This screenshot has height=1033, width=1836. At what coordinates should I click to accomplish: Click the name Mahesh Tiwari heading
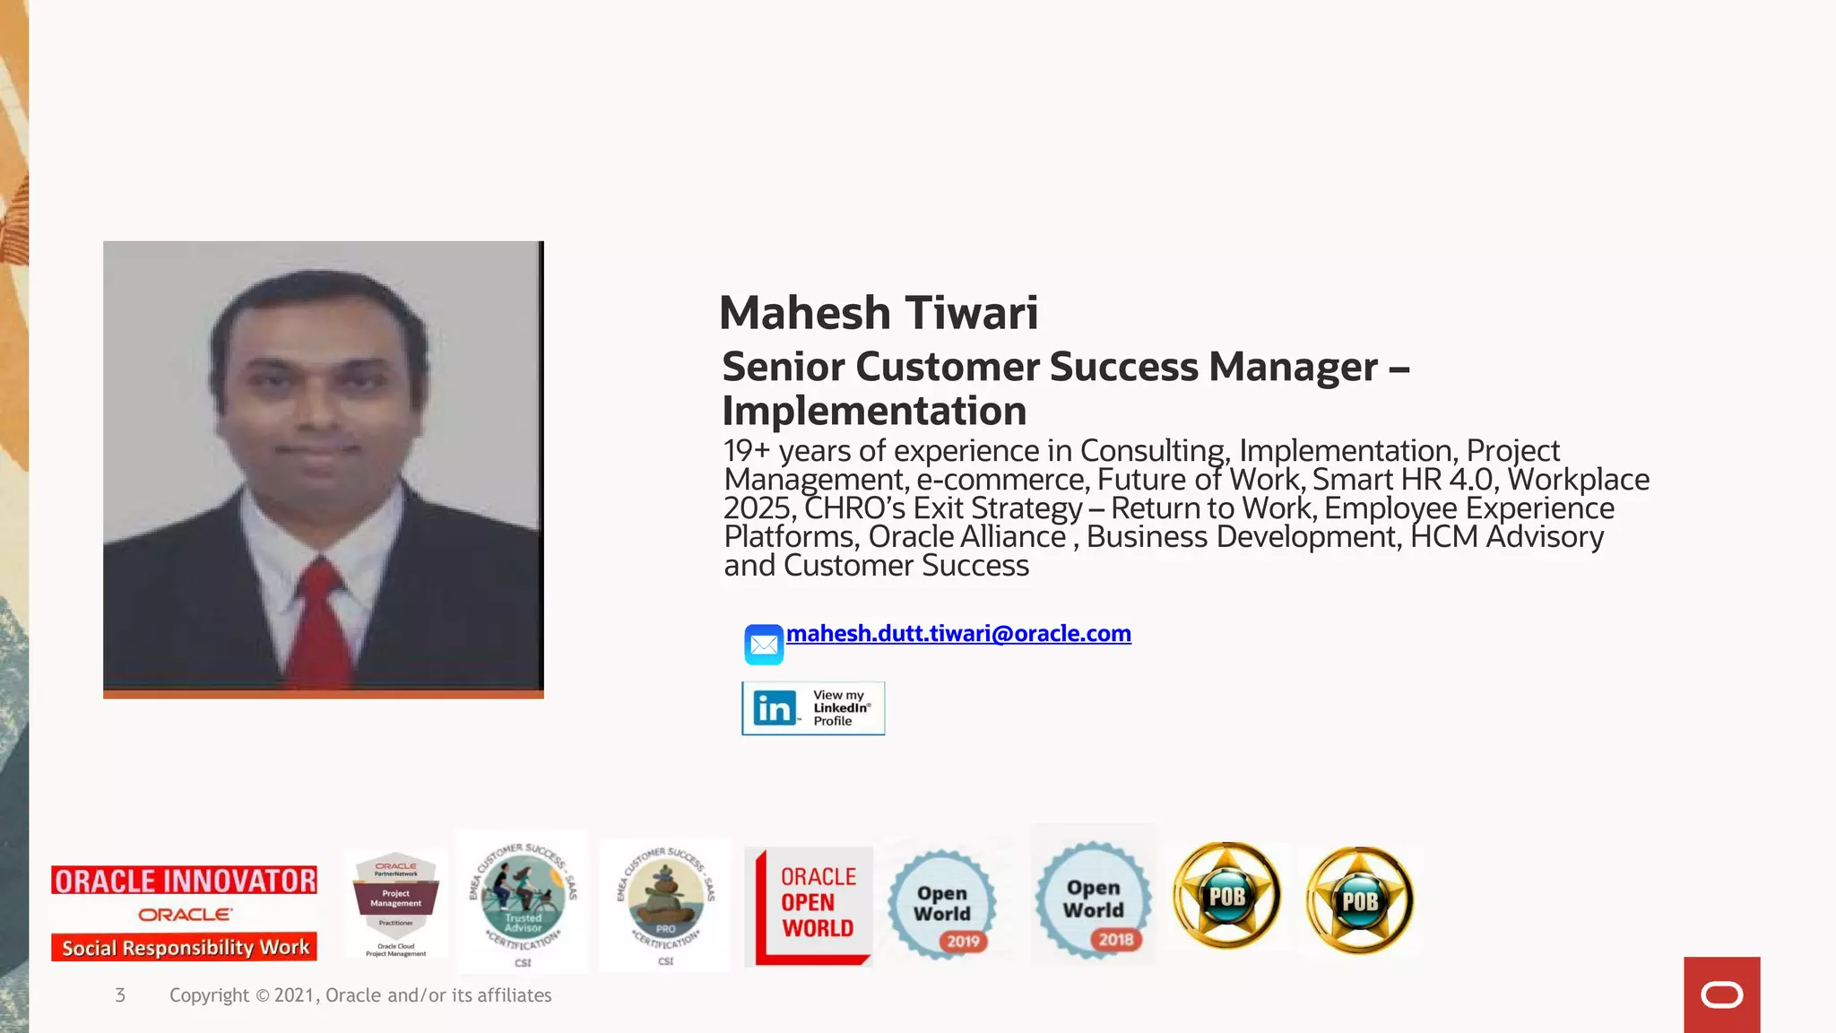pos(878,313)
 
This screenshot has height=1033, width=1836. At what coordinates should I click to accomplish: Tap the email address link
pos(958,634)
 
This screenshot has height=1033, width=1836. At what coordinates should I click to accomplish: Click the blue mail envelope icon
pos(764,645)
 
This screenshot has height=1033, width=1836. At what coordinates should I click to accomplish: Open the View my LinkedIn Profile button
pos(813,708)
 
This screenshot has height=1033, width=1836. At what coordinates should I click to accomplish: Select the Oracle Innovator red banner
pos(184,881)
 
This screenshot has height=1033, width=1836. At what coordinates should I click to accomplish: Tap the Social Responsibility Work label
pos(184,948)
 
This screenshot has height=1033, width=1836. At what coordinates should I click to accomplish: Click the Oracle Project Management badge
pos(395,904)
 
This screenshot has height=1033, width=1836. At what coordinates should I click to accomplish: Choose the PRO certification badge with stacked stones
pos(665,902)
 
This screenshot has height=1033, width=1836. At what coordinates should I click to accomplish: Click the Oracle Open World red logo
pos(809,906)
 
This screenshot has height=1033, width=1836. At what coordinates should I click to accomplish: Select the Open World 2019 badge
pos(942,904)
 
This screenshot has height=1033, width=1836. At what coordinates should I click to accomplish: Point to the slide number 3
pos(120,995)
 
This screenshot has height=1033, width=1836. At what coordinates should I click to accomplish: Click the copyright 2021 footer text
pos(360,995)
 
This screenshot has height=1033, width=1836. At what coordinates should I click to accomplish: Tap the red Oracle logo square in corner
pos(1721,994)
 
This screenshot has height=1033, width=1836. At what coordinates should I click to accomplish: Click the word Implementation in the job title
pos(874,412)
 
